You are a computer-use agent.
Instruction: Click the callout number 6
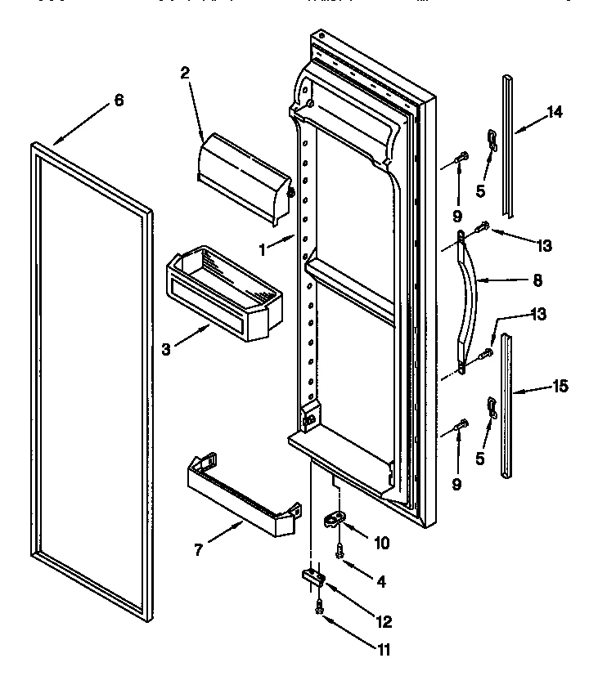click(x=119, y=100)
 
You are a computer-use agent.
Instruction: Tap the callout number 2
click(x=185, y=72)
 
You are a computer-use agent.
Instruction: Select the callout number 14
click(x=555, y=113)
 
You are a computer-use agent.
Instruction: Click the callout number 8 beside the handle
click(x=537, y=280)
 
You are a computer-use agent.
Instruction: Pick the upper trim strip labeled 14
click(x=510, y=147)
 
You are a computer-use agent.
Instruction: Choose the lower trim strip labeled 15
click(x=508, y=401)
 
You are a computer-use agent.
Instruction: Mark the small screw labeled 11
click(x=319, y=608)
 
